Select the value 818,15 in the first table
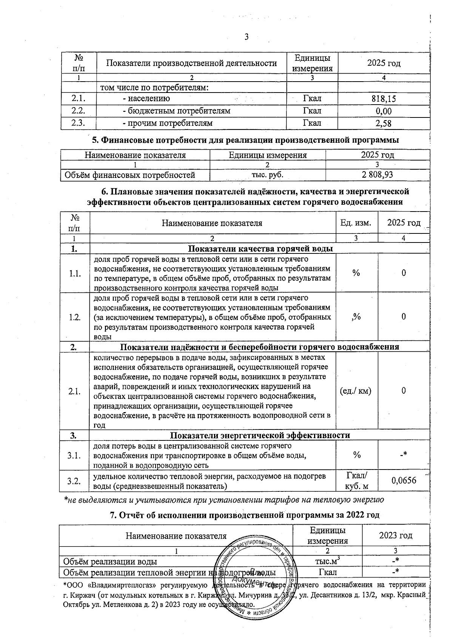384,99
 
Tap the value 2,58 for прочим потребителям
384,124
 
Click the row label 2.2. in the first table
79,111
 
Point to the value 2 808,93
377,175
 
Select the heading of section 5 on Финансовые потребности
246,140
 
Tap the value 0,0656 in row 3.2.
404,480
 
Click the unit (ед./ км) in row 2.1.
356,391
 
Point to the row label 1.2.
75,317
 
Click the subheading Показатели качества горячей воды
260,249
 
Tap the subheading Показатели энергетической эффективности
260,435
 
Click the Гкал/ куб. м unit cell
356,481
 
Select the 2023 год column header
395,535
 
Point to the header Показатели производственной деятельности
191,63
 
